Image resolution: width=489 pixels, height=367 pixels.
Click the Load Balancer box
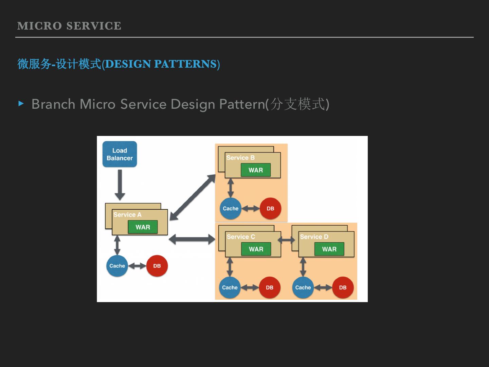tap(120, 154)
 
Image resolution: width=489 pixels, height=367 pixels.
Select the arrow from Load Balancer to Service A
tap(120, 185)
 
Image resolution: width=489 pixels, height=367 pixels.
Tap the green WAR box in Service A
tap(143, 227)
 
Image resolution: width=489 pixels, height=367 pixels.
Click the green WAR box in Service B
tap(256, 170)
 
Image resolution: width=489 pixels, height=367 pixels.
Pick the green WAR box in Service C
tap(256, 249)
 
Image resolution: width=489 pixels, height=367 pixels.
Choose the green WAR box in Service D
tap(329, 249)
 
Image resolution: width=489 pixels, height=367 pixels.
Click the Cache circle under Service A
tap(117, 266)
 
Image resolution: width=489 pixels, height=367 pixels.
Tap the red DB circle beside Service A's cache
tap(157, 266)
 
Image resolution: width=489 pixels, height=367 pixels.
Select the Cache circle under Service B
tap(231, 208)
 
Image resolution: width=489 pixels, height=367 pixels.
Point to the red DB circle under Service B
tap(270, 208)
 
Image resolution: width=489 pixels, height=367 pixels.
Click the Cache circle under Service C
tap(230, 287)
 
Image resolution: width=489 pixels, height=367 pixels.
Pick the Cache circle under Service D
tap(303, 287)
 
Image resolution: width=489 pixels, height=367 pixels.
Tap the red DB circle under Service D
tap(343, 287)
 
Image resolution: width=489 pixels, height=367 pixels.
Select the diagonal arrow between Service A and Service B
tap(192, 197)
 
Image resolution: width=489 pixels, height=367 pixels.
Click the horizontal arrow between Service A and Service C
tap(192, 239)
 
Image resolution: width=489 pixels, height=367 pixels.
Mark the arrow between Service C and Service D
tap(286, 240)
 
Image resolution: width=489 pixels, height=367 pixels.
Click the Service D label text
tap(314, 237)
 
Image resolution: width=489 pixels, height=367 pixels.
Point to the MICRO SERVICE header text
tap(69, 26)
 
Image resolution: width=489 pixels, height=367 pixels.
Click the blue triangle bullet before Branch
tap(21, 104)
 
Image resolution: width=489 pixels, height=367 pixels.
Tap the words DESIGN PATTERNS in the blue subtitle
tap(161, 64)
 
